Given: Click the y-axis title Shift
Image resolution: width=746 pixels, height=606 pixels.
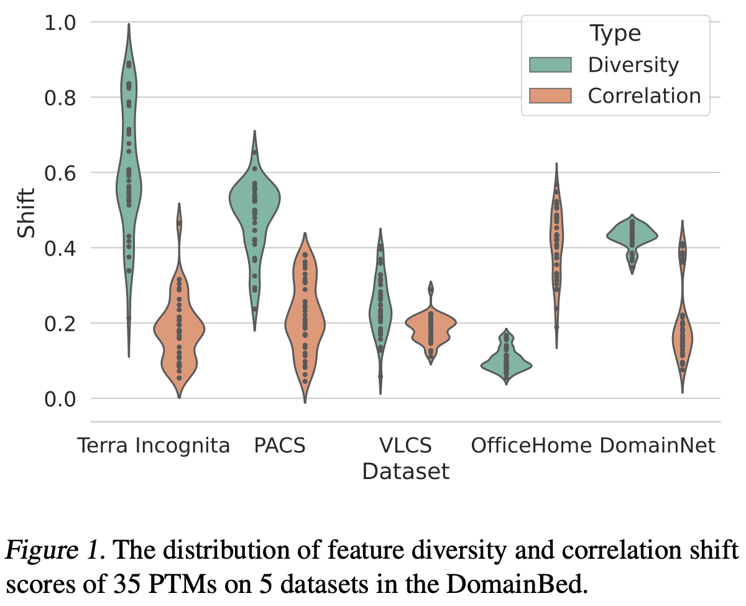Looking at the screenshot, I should click(26, 212).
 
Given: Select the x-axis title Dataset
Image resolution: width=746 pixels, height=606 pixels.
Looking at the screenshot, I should click(405, 472).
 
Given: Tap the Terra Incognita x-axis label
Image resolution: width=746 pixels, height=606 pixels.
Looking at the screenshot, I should click(154, 445).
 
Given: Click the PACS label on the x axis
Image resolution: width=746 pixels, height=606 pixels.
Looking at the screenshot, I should click(280, 445).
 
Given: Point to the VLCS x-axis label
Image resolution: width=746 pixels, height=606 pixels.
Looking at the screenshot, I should click(405, 445).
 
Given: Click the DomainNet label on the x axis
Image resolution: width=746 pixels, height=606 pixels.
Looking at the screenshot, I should click(658, 445).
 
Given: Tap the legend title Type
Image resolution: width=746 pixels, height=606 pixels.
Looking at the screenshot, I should click(615, 33).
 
